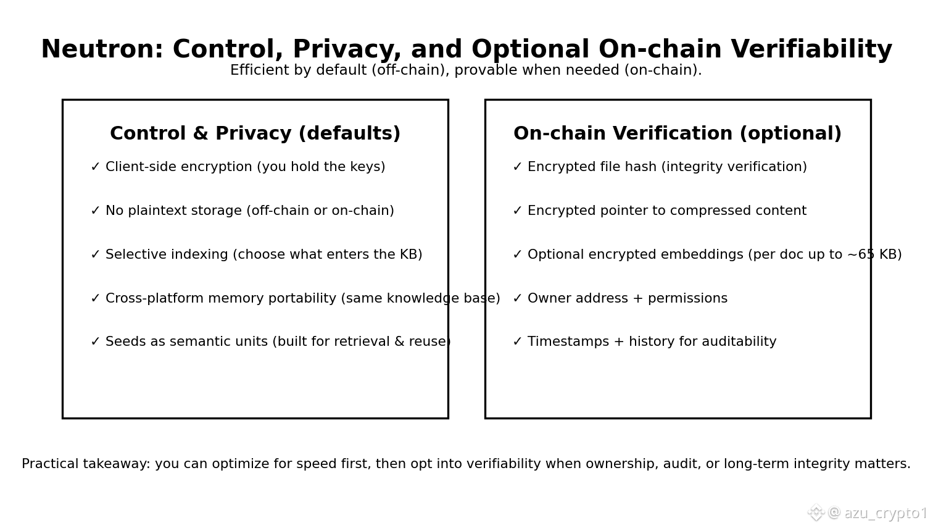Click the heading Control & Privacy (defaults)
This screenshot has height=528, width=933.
click(x=255, y=134)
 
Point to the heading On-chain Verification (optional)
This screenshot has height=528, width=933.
click(x=677, y=134)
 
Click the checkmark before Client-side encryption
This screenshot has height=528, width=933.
click(x=95, y=167)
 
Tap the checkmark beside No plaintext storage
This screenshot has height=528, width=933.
click(x=95, y=211)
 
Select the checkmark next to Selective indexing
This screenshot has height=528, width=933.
click(x=95, y=255)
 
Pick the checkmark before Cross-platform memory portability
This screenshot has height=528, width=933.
click(x=95, y=299)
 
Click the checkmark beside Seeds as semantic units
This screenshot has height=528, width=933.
click(x=95, y=342)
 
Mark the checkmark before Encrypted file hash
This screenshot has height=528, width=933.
click(x=517, y=167)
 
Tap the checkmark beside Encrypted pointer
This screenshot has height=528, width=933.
click(x=517, y=211)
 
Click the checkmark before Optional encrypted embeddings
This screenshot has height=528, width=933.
click(x=517, y=255)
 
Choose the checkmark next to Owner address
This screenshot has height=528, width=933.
click(x=517, y=299)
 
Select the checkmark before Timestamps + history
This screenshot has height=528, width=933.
click(x=517, y=342)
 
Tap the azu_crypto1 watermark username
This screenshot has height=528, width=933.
click(x=885, y=513)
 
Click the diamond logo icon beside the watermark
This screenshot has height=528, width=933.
click(x=816, y=513)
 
